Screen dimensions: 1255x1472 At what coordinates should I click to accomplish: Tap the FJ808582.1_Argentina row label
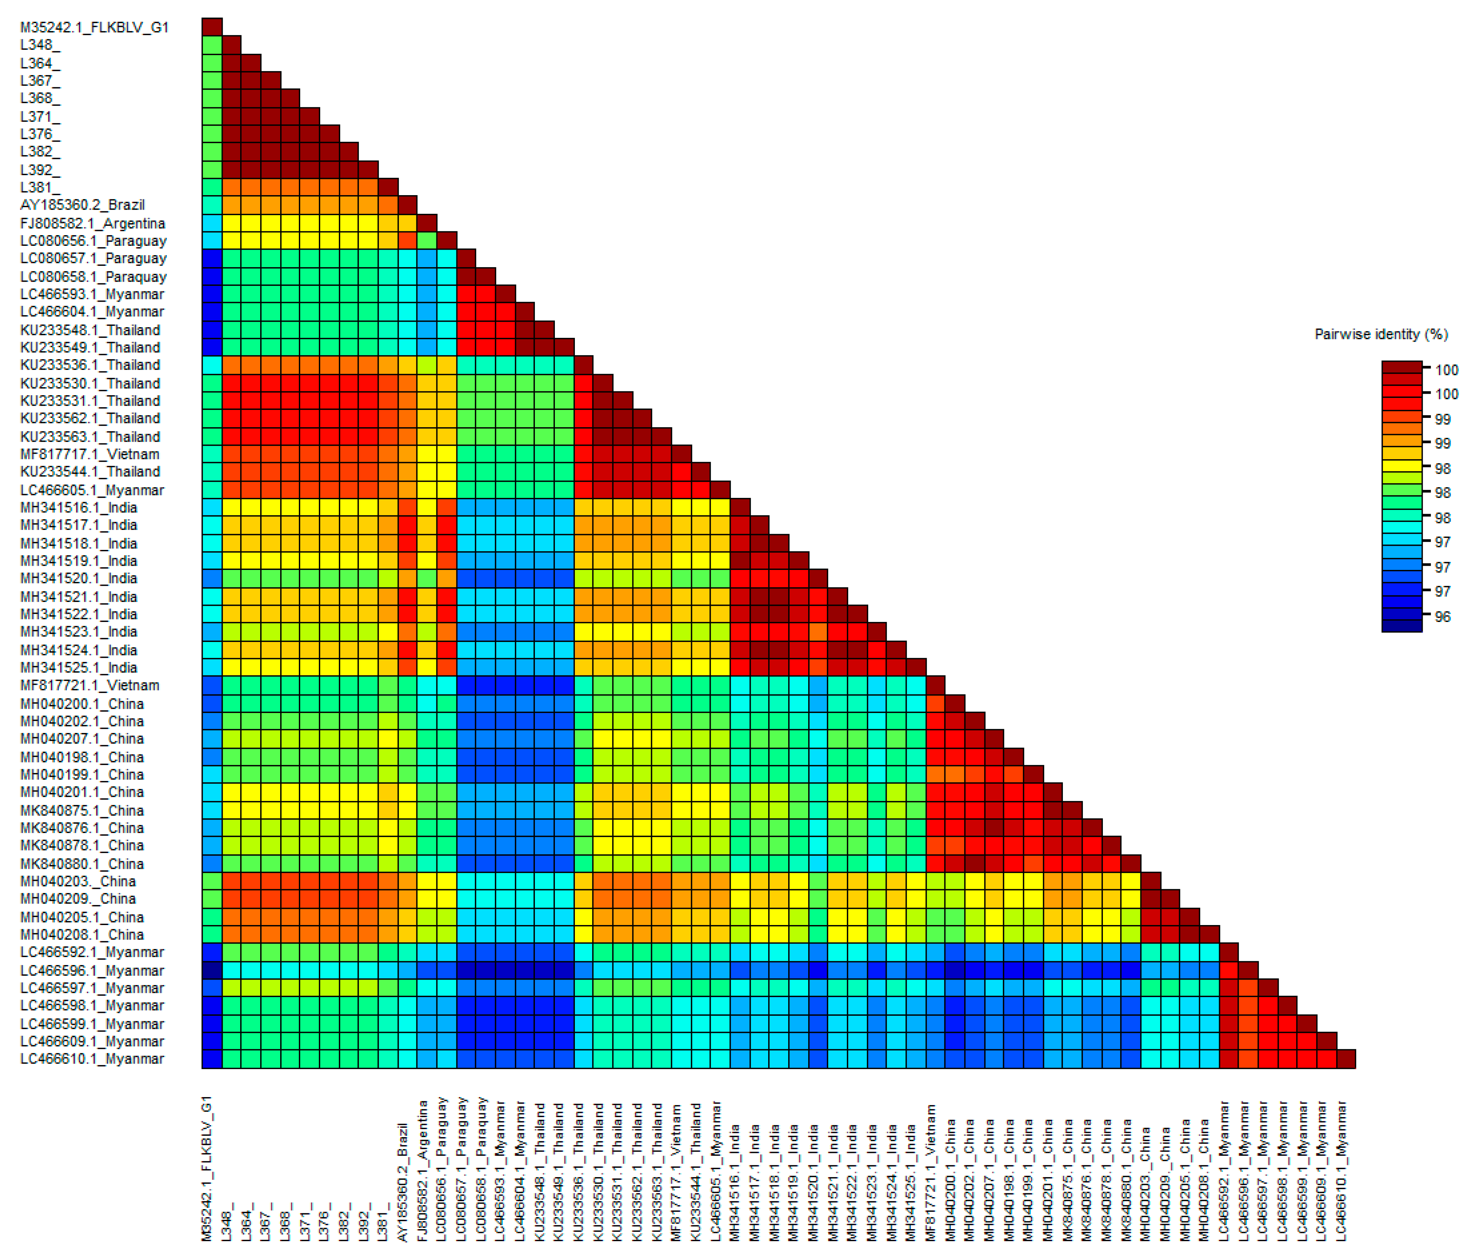tap(92, 223)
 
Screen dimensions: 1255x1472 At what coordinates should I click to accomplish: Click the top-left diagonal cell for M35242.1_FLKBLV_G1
tap(212, 27)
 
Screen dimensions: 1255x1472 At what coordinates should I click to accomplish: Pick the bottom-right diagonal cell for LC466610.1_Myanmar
tap(1346, 1059)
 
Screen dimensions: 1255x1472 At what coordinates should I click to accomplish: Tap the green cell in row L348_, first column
tap(212, 45)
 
